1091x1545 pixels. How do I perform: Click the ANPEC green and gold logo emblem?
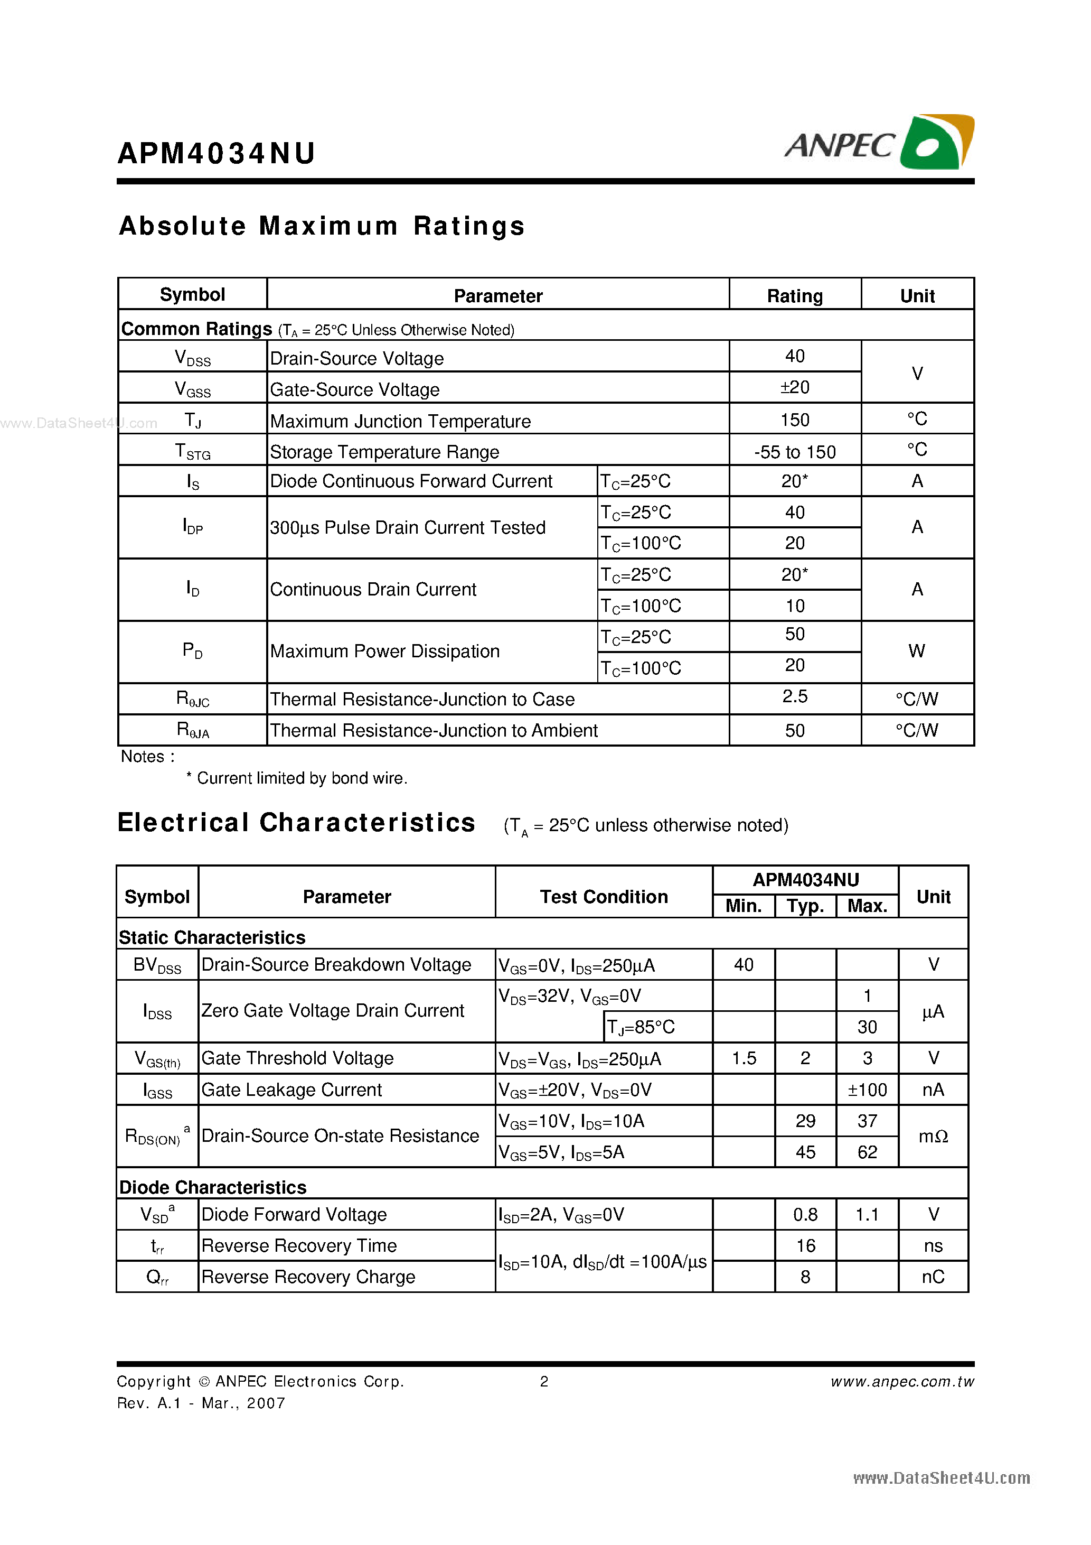click(936, 143)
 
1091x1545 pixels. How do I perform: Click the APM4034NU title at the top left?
click(216, 153)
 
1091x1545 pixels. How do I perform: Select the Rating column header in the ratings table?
click(794, 296)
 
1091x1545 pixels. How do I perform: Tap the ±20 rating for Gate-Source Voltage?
click(794, 388)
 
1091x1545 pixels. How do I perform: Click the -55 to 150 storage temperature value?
click(794, 452)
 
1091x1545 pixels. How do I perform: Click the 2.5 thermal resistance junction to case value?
click(794, 696)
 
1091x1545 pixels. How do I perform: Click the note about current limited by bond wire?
click(297, 778)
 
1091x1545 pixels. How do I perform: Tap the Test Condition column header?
click(604, 897)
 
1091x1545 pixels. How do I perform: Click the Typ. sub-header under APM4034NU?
click(805, 906)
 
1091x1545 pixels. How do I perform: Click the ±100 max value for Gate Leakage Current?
click(867, 1090)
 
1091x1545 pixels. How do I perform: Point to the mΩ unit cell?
click(933, 1137)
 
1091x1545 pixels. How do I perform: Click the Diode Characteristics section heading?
click(213, 1188)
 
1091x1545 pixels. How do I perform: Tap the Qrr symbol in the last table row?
click(157, 1277)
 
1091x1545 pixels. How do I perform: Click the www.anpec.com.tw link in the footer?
click(901, 1382)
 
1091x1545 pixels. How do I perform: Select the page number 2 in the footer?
click(544, 1382)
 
